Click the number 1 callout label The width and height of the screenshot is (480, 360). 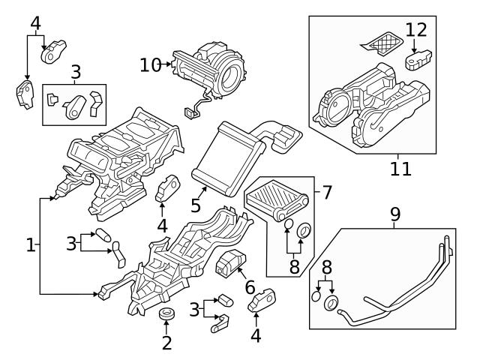[31, 244]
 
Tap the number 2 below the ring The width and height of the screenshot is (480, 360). [166, 343]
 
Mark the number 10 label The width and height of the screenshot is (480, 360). [150, 65]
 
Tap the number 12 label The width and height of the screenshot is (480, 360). [416, 31]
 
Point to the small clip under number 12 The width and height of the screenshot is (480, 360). [416, 60]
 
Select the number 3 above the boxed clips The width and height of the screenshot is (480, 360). [75, 73]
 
